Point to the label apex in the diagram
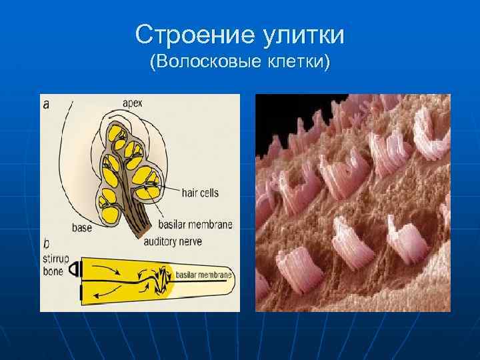point(133,103)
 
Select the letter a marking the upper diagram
point(46,104)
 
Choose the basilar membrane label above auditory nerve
point(196,225)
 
